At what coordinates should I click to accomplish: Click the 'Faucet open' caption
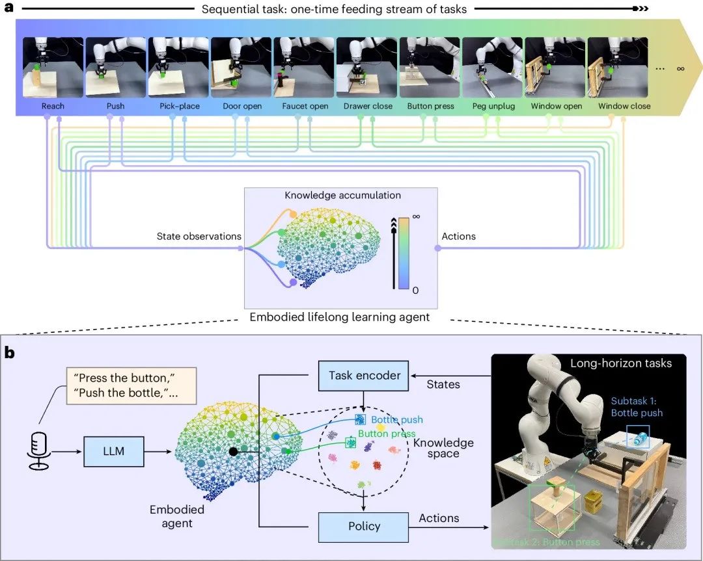pos(305,106)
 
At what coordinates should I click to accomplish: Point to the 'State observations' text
pos(199,236)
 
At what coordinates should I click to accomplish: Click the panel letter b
pos(10,354)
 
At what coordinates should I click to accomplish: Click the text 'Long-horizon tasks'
pos(620,363)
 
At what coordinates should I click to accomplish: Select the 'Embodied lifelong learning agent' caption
pos(340,317)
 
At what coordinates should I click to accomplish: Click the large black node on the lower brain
pos(232,450)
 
